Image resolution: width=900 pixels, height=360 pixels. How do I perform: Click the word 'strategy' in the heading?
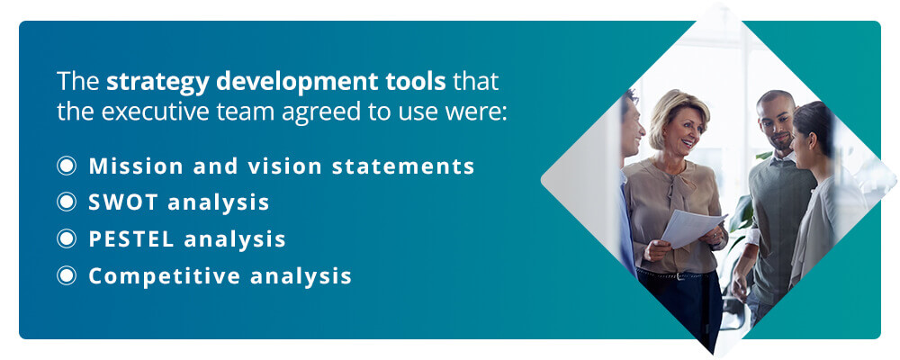[157, 83]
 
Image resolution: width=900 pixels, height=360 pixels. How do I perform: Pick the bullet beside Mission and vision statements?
[67, 166]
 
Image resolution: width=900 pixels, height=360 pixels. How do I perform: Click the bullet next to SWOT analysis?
[67, 202]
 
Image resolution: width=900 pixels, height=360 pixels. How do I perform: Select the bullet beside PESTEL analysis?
[67, 238]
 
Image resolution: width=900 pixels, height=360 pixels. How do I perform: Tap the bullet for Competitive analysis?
[67, 275]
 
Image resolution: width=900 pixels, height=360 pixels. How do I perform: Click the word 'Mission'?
[137, 166]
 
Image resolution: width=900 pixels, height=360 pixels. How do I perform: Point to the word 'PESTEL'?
[131, 238]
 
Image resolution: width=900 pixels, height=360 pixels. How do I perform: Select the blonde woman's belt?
[678, 275]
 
